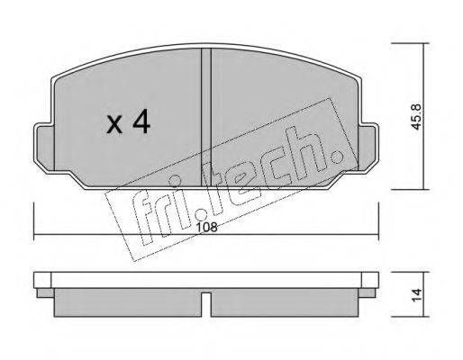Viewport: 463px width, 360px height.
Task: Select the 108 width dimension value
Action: (206, 228)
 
